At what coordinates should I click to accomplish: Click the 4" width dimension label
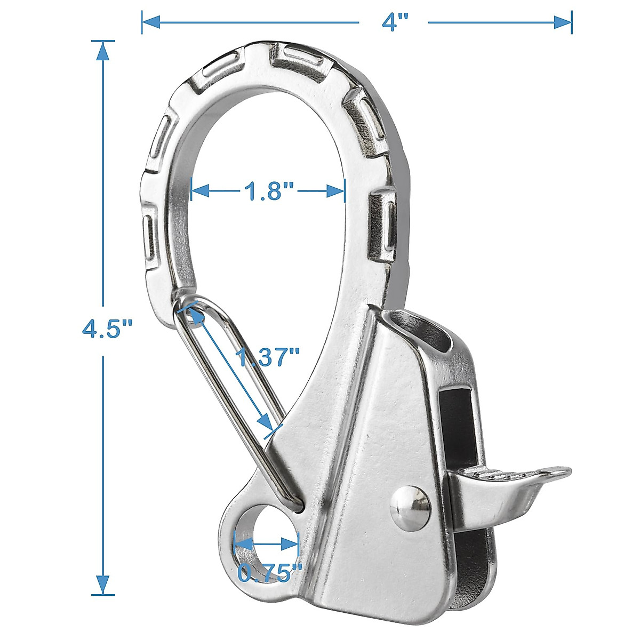pos(394,22)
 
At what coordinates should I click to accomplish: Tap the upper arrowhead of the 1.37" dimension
pos(194,314)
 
